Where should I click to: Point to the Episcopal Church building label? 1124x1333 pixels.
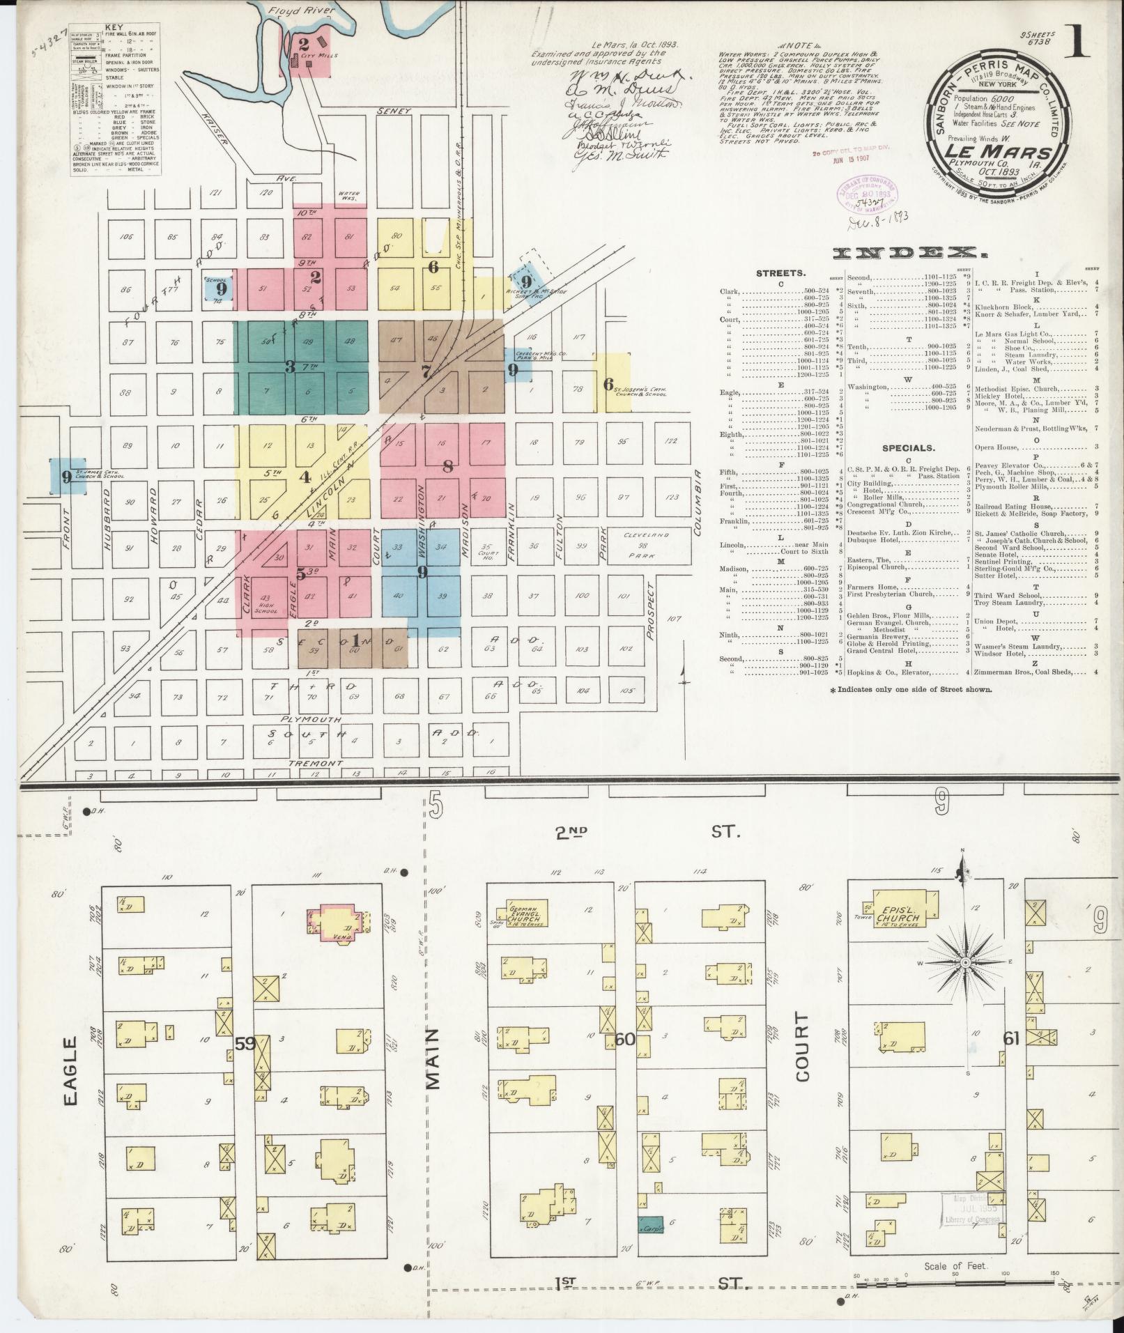[x=900, y=914]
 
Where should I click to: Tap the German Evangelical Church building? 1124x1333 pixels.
[x=523, y=915]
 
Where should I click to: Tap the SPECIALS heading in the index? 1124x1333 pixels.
[x=908, y=448]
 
